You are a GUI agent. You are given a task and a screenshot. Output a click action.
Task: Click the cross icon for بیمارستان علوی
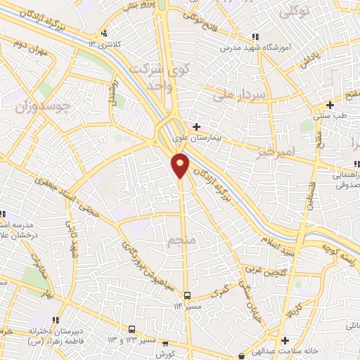tap(196, 127)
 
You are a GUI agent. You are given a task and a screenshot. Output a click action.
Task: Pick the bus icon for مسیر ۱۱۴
tap(187, 296)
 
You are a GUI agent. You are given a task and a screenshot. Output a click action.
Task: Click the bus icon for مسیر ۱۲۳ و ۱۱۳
tap(131, 328)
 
